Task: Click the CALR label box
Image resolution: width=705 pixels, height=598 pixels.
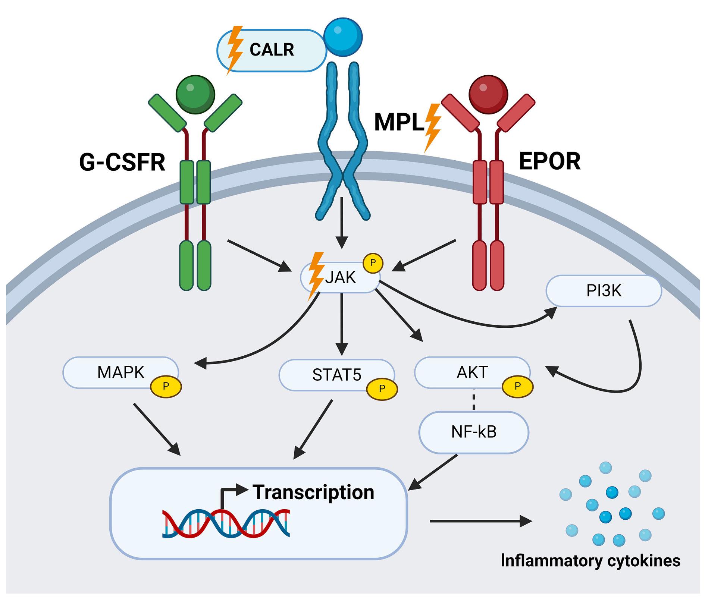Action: click(272, 50)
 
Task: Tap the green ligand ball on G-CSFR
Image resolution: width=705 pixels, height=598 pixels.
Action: click(195, 95)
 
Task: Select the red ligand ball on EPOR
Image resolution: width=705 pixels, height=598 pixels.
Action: click(488, 95)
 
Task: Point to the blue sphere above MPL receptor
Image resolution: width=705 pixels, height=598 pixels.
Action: click(343, 37)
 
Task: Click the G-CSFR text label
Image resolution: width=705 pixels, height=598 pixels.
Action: click(122, 162)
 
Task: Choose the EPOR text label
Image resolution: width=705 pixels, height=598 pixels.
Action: click(549, 161)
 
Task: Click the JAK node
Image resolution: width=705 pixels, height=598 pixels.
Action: click(340, 278)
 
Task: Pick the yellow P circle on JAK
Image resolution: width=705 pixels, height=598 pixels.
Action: click(372, 263)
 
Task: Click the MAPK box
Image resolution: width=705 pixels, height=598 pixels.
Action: click(120, 372)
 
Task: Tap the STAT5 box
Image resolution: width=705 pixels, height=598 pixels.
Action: click(336, 375)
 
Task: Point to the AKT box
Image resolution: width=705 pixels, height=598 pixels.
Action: click(472, 372)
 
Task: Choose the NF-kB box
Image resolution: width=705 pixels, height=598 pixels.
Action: click(474, 432)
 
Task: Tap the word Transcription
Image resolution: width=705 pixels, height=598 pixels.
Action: click(313, 492)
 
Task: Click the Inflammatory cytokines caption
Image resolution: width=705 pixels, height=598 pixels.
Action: click(590, 560)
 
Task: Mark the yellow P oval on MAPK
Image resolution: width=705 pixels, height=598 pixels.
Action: click(166, 387)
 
